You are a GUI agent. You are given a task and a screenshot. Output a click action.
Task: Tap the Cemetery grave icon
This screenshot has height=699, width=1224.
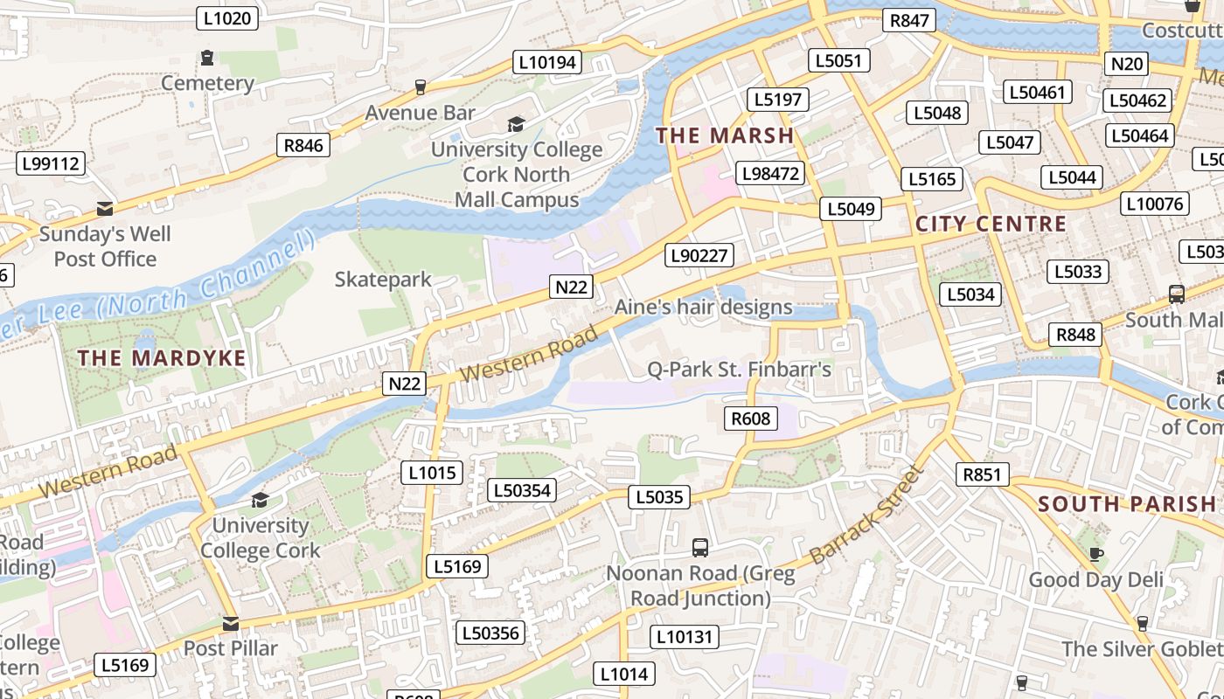207,59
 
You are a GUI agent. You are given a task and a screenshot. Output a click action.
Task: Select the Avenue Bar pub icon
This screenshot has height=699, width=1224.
421,87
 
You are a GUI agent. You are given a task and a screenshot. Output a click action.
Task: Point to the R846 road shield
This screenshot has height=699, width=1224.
303,145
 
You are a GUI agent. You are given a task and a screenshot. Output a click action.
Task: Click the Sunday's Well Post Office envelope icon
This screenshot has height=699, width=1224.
105,209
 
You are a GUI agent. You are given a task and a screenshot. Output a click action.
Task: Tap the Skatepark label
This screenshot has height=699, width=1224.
383,280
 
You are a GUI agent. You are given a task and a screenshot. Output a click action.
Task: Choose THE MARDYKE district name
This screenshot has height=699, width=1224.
162,358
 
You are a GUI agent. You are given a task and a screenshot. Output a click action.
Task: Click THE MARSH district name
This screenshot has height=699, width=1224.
725,135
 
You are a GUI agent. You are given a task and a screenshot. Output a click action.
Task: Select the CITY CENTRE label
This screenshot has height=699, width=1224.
991,224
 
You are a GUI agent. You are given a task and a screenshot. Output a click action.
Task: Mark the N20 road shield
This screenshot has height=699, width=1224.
1126,63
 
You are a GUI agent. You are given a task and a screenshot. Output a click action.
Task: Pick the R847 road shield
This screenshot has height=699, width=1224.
908,20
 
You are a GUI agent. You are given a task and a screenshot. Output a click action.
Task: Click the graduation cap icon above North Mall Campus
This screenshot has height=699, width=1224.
517,125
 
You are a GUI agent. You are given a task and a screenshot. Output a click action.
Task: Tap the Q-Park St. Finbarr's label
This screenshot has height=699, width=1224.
739,370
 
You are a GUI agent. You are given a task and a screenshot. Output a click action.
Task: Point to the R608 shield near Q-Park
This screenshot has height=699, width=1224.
751,419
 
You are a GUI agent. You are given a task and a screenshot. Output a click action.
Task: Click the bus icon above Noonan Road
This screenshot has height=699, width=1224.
700,548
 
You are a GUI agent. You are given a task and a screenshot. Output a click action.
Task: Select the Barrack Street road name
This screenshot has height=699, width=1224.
866,515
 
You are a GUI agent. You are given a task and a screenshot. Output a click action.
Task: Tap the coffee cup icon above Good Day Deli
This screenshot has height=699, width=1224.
1095,554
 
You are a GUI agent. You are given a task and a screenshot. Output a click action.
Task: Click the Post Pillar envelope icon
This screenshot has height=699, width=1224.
231,624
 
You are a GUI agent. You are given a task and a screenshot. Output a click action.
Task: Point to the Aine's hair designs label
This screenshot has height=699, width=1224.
703,307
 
